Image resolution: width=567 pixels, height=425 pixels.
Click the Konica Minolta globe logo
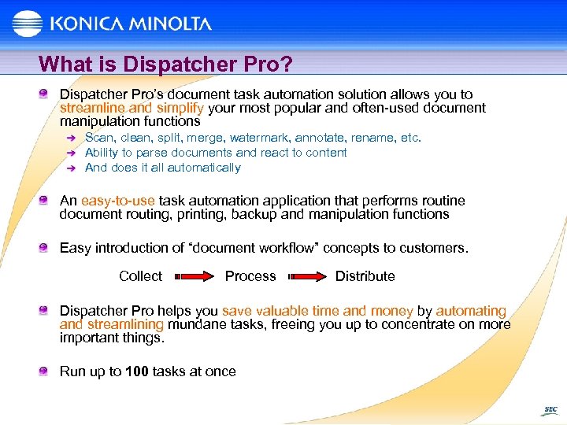(27, 24)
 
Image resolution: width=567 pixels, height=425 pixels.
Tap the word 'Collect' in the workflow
(140, 276)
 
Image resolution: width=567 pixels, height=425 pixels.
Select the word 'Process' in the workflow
(250, 276)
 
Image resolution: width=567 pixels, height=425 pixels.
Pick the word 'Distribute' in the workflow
(365, 276)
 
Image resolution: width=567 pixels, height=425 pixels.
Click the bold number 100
(136, 371)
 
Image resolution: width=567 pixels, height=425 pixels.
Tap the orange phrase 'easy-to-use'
(118, 201)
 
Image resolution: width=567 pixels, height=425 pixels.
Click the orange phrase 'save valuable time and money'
(317, 311)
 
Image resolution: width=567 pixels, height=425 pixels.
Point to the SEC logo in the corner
(550, 410)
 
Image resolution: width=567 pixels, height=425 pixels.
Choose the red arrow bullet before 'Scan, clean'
(70, 139)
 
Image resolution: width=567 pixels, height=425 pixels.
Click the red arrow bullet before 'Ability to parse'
(70, 153)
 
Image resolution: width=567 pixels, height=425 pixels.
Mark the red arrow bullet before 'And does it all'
(70, 168)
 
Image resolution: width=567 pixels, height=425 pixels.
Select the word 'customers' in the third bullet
(432, 248)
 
